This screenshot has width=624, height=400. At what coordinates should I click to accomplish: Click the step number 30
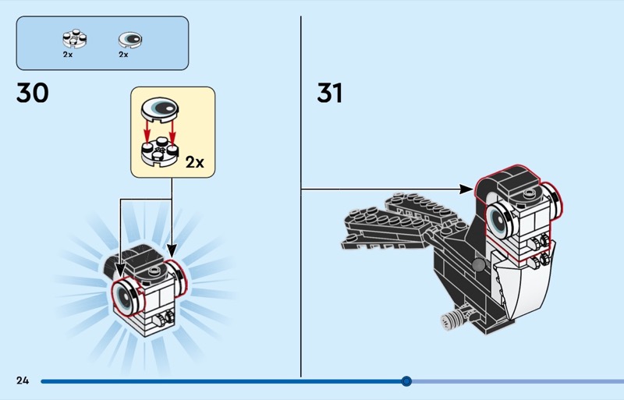32,93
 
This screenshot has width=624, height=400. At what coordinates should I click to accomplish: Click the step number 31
329,93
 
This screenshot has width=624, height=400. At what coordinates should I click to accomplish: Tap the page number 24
23,381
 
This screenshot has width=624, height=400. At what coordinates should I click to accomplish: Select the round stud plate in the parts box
75,39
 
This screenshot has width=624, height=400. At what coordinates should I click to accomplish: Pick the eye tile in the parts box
130,40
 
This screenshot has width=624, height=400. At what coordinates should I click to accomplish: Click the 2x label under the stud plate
68,55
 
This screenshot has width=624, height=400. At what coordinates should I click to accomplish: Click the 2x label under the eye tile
123,55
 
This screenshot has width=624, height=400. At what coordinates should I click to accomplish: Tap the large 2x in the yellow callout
194,162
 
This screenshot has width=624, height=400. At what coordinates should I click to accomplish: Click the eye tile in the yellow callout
160,108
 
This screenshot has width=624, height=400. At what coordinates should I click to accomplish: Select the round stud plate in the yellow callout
160,151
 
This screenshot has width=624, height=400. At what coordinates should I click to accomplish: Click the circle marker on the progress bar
406,381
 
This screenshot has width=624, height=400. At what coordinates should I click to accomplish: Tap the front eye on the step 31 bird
499,219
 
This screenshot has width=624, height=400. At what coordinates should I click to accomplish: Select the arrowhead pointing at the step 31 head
466,189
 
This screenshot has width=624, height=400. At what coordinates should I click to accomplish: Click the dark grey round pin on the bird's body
477,264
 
